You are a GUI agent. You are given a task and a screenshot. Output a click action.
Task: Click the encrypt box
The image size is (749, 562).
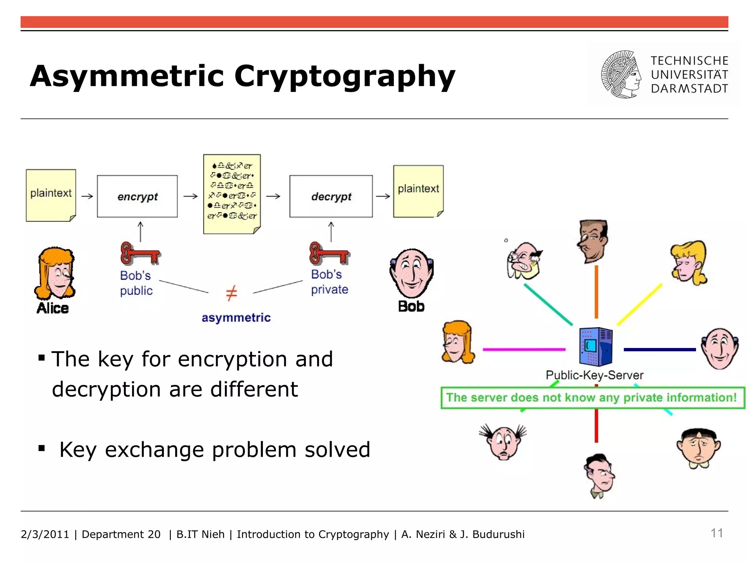coord(137,196)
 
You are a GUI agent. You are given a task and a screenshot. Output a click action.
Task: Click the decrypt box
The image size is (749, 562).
coord(331,196)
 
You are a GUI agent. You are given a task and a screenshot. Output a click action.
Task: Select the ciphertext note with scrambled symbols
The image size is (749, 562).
coord(232,194)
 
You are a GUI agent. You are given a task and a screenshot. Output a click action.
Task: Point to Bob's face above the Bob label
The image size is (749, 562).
coord(412,273)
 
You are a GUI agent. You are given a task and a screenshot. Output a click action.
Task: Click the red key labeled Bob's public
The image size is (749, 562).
coord(140,253)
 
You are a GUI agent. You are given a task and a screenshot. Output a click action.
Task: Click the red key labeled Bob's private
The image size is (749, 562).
coord(329,253)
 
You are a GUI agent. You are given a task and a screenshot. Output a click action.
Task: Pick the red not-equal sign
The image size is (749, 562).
coord(231,293)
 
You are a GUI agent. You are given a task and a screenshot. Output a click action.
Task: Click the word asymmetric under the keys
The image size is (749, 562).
coord(236,318)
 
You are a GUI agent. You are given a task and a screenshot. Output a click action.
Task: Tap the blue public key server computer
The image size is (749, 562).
coord(595,347)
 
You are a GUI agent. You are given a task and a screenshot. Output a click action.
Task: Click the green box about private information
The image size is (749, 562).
coord(592,398)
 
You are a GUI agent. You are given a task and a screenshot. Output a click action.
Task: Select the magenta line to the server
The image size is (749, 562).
coord(524,349)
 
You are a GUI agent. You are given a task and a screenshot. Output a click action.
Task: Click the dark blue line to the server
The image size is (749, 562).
coord(659,350)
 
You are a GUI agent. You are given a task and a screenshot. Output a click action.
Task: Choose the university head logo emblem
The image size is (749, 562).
coord(621,75)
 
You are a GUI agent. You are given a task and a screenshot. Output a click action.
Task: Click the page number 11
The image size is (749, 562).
coord(716,533)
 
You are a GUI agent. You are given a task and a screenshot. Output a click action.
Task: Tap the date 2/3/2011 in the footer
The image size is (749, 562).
coord(45,534)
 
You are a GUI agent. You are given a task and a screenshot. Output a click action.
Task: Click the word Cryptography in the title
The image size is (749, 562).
coord(345,76)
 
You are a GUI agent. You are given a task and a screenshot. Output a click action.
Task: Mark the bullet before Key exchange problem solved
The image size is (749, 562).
coord(42,448)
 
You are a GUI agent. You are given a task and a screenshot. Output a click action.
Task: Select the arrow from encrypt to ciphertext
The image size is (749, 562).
coord(190,196)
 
